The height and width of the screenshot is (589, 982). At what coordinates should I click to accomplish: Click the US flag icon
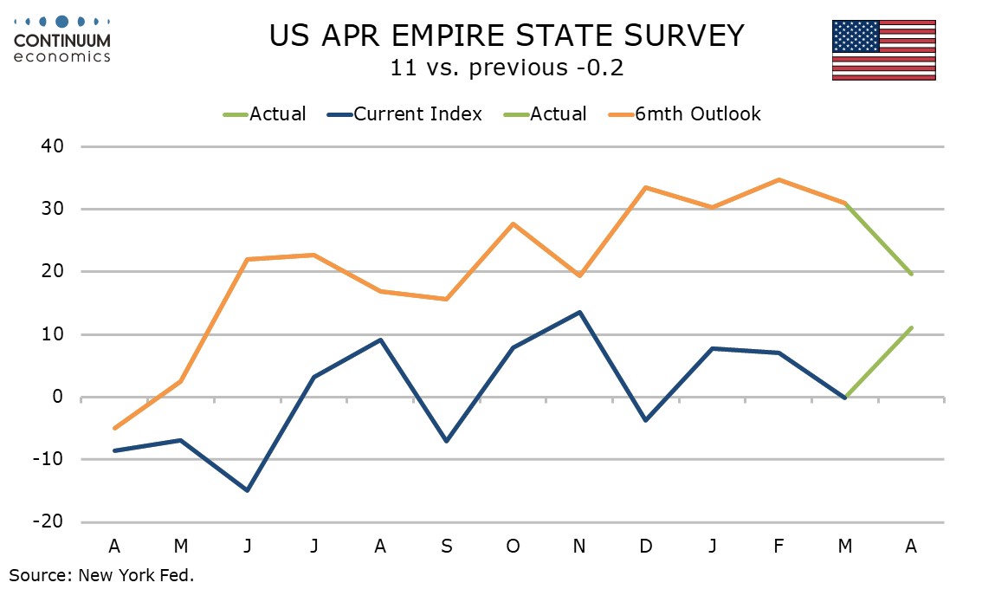click(883, 49)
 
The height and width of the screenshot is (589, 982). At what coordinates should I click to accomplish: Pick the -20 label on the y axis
click(48, 522)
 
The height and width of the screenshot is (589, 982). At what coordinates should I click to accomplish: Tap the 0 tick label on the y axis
click(60, 398)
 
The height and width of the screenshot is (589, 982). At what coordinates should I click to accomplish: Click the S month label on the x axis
click(446, 546)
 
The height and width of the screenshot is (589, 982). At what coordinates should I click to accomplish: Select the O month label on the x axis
click(513, 546)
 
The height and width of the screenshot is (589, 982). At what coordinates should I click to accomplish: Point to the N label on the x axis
click(578, 546)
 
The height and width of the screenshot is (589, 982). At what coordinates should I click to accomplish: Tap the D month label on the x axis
click(645, 546)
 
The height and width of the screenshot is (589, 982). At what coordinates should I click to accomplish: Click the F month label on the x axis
click(778, 546)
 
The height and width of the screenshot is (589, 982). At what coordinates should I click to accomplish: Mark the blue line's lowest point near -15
click(247, 490)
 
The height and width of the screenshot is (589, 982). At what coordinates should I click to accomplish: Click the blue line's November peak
click(578, 312)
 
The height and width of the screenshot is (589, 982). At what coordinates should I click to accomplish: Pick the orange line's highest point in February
click(778, 179)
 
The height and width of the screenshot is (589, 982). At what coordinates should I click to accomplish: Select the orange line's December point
click(645, 187)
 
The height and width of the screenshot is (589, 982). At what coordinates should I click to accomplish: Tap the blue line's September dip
click(446, 442)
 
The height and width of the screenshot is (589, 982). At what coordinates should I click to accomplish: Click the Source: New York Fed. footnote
click(102, 575)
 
